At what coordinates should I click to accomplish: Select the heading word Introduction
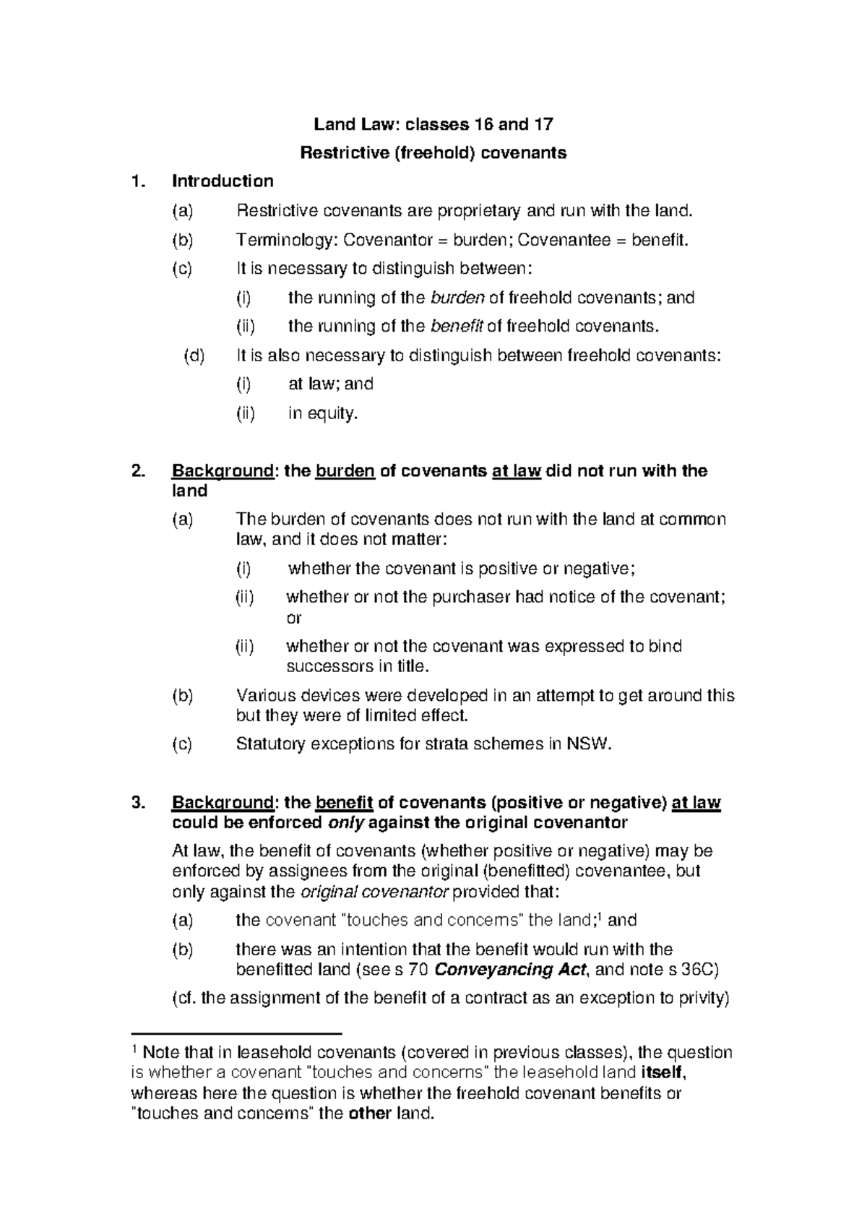(223, 181)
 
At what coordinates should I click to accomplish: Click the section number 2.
(138, 471)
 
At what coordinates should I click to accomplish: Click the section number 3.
(138, 803)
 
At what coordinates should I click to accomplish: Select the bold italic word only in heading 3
(345, 822)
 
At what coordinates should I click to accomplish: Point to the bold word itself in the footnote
(661, 1072)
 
